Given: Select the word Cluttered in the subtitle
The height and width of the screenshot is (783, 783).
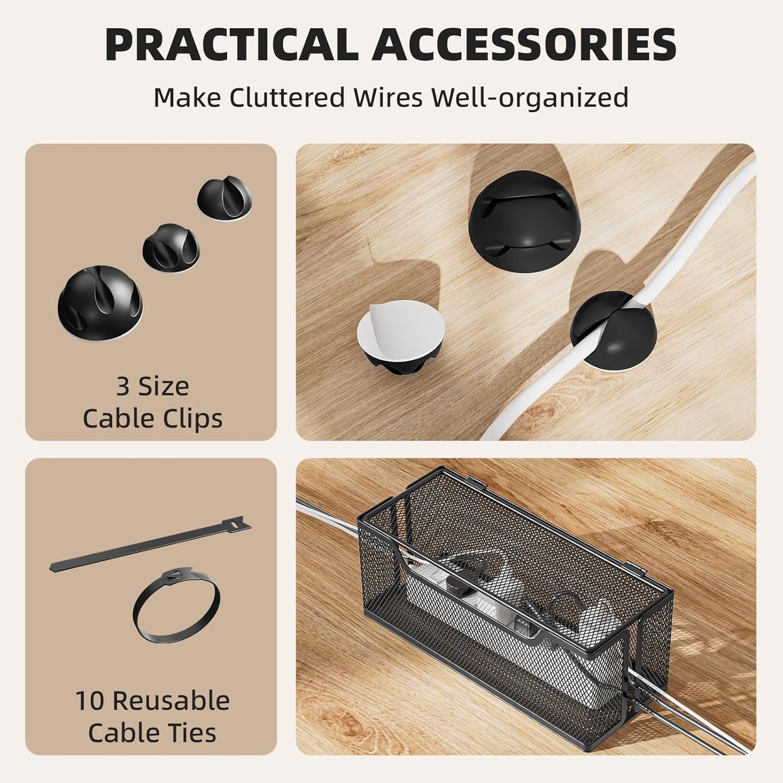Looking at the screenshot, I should click(x=287, y=98).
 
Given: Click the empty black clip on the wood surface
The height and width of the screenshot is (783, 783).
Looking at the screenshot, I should click(x=513, y=216).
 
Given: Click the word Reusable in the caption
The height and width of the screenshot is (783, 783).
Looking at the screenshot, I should click(x=171, y=701).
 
